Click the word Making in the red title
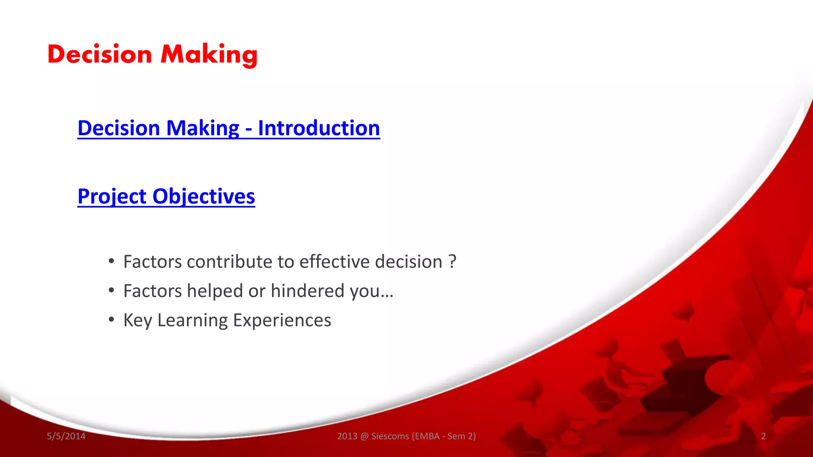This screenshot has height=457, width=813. (x=209, y=54)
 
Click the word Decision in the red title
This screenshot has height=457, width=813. (x=100, y=54)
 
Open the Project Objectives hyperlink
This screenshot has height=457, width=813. (x=166, y=196)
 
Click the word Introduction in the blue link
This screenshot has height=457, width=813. (x=319, y=128)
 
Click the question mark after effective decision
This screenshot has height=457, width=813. (x=452, y=262)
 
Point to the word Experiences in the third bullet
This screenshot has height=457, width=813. (x=282, y=320)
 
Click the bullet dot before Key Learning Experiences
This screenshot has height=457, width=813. (x=112, y=319)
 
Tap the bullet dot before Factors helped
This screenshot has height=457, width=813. (x=112, y=290)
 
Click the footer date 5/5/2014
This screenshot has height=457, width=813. (x=66, y=436)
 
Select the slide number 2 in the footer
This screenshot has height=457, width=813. (x=763, y=436)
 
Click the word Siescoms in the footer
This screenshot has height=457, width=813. (x=390, y=436)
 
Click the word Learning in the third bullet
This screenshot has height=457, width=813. (x=193, y=321)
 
